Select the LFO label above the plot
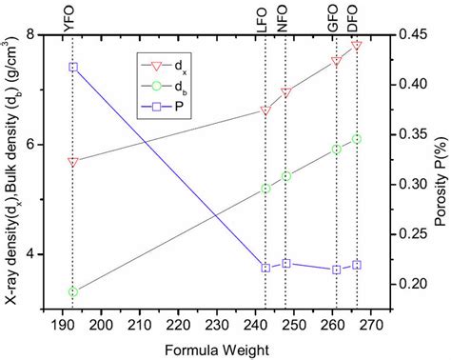coord(265,17)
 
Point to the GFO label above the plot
coord(335,17)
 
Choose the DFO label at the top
coord(355,17)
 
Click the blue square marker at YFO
coord(73,68)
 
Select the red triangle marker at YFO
coord(73,163)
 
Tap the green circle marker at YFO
coord(73,292)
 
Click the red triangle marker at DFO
coord(357,45)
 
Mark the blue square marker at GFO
coord(336,270)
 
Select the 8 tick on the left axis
coord(41,34)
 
